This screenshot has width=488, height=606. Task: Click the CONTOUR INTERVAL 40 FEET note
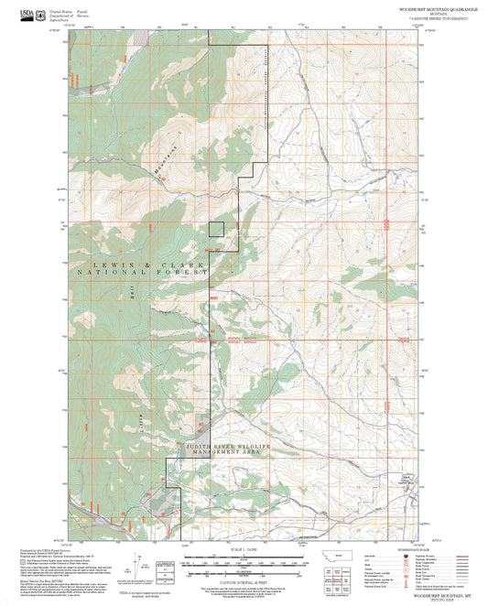(244, 581)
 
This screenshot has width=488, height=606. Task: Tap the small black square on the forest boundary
(216, 229)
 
